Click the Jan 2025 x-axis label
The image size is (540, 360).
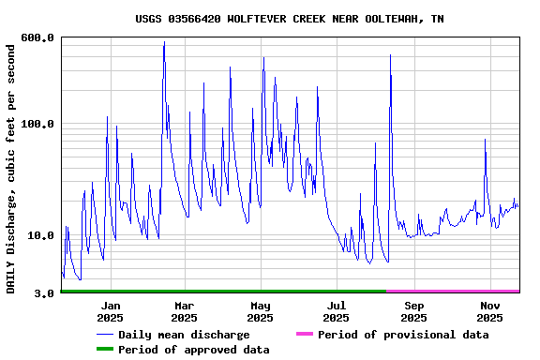pos(111,312)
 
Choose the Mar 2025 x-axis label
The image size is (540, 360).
pos(185,312)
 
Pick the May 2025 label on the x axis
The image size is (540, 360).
pos(261,312)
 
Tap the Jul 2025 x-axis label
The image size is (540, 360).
pos(337,312)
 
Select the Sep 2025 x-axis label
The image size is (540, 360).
pos(413,312)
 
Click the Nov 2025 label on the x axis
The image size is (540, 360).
pos(489,312)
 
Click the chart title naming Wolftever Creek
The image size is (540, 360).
pos(290,19)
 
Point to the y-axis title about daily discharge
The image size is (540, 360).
pos(11,166)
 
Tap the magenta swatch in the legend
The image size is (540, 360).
pos(304,335)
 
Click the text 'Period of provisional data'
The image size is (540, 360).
pos(403,335)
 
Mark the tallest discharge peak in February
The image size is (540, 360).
pos(164,42)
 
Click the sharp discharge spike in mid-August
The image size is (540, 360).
pos(390,55)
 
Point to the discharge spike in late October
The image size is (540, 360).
pos(485,140)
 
